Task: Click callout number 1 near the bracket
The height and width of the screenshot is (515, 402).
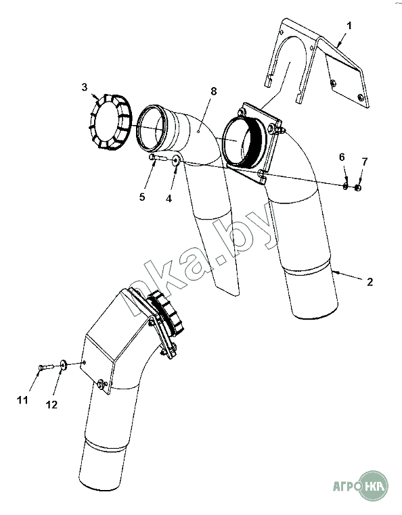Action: (x=349, y=26)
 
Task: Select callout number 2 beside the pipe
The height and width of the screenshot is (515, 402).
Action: (x=370, y=282)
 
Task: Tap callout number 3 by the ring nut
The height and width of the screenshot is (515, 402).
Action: (x=85, y=87)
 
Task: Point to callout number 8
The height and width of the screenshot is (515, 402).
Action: (x=214, y=91)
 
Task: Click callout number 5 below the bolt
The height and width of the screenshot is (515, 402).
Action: (x=142, y=197)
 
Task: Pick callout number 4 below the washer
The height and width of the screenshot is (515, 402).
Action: (x=169, y=199)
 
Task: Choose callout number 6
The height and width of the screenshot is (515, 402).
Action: (x=342, y=157)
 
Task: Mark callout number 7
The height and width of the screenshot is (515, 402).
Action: (x=364, y=162)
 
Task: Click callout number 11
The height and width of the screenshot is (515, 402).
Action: (x=22, y=400)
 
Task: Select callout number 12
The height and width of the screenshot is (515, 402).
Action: (x=51, y=405)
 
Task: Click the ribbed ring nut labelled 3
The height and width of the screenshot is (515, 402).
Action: (x=110, y=122)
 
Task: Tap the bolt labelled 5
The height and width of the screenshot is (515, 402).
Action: (x=158, y=157)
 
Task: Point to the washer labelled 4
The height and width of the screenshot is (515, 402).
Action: (x=176, y=160)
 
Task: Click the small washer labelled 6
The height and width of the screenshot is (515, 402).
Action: (x=345, y=187)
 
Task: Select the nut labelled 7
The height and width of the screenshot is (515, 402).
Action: (x=357, y=187)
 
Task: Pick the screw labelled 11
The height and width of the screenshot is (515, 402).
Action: (x=45, y=367)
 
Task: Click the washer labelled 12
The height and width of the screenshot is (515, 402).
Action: (x=63, y=364)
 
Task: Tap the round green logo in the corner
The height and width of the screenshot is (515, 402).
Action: (x=373, y=485)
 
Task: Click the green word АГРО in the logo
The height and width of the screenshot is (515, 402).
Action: (x=345, y=486)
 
